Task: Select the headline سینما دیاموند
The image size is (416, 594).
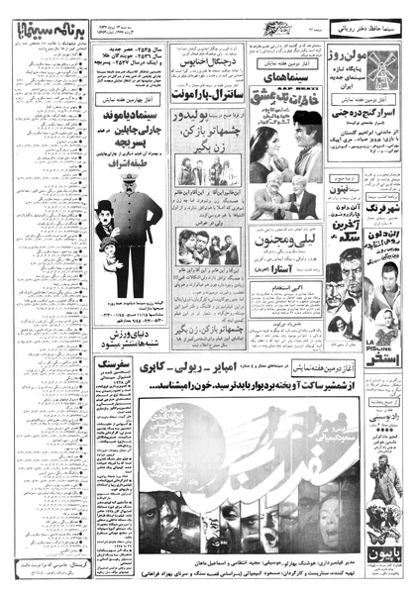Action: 131,131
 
